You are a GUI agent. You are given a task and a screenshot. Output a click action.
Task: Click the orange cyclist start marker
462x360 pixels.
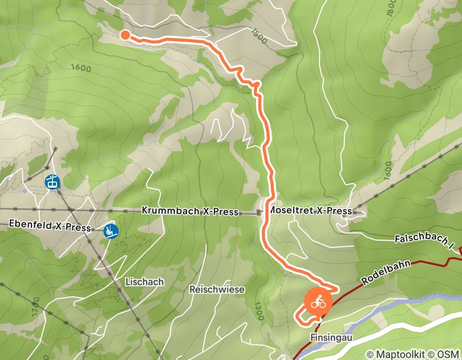(x=318, y=302)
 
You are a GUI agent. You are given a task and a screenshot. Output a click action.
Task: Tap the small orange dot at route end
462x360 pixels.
(x=125, y=35)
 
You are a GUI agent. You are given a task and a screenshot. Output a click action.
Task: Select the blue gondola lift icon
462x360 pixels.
(x=52, y=182)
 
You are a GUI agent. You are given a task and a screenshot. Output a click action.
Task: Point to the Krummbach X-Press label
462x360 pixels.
(x=189, y=212)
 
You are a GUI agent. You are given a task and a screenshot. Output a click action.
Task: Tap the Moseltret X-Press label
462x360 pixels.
(x=311, y=211)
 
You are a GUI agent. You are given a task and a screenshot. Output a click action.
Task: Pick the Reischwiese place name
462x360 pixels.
(x=217, y=290)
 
